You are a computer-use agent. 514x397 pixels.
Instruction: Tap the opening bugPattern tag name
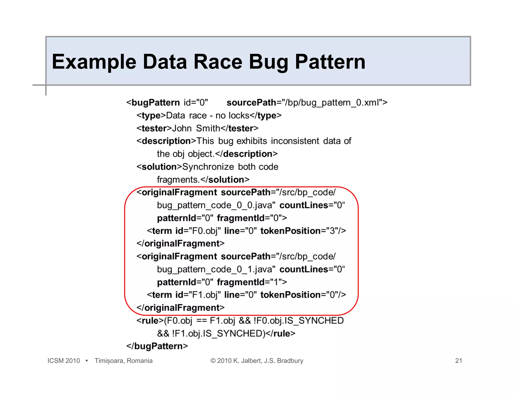(155, 103)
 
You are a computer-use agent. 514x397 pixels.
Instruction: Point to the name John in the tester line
(182, 128)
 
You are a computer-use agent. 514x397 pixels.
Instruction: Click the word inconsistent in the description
(295, 141)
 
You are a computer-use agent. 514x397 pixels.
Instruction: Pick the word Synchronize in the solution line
(208, 167)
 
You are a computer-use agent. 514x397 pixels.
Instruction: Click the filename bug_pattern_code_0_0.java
(215, 205)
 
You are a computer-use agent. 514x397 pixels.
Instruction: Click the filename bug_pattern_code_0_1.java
(215, 269)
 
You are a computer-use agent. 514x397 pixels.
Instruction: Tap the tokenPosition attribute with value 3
(300, 231)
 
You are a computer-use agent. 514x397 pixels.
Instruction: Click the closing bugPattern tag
(157, 346)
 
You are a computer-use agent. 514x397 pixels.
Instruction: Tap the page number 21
(459, 361)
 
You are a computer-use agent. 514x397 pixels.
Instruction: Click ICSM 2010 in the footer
(63, 361)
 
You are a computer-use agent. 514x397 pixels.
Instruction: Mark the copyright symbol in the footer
(213, 361)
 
